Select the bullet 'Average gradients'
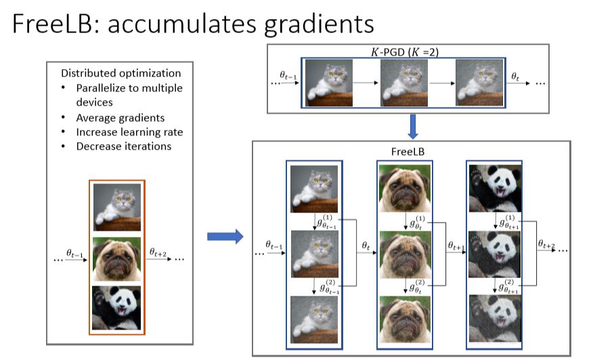click(120, 117)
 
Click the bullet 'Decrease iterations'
click(123, 145)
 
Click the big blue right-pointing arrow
click(224, 237)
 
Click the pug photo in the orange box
click(116, 258)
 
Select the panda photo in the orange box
click(116, 307)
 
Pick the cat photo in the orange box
click(116, 208)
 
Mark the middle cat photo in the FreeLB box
click(314, 254)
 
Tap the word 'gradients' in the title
click(311, 25)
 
